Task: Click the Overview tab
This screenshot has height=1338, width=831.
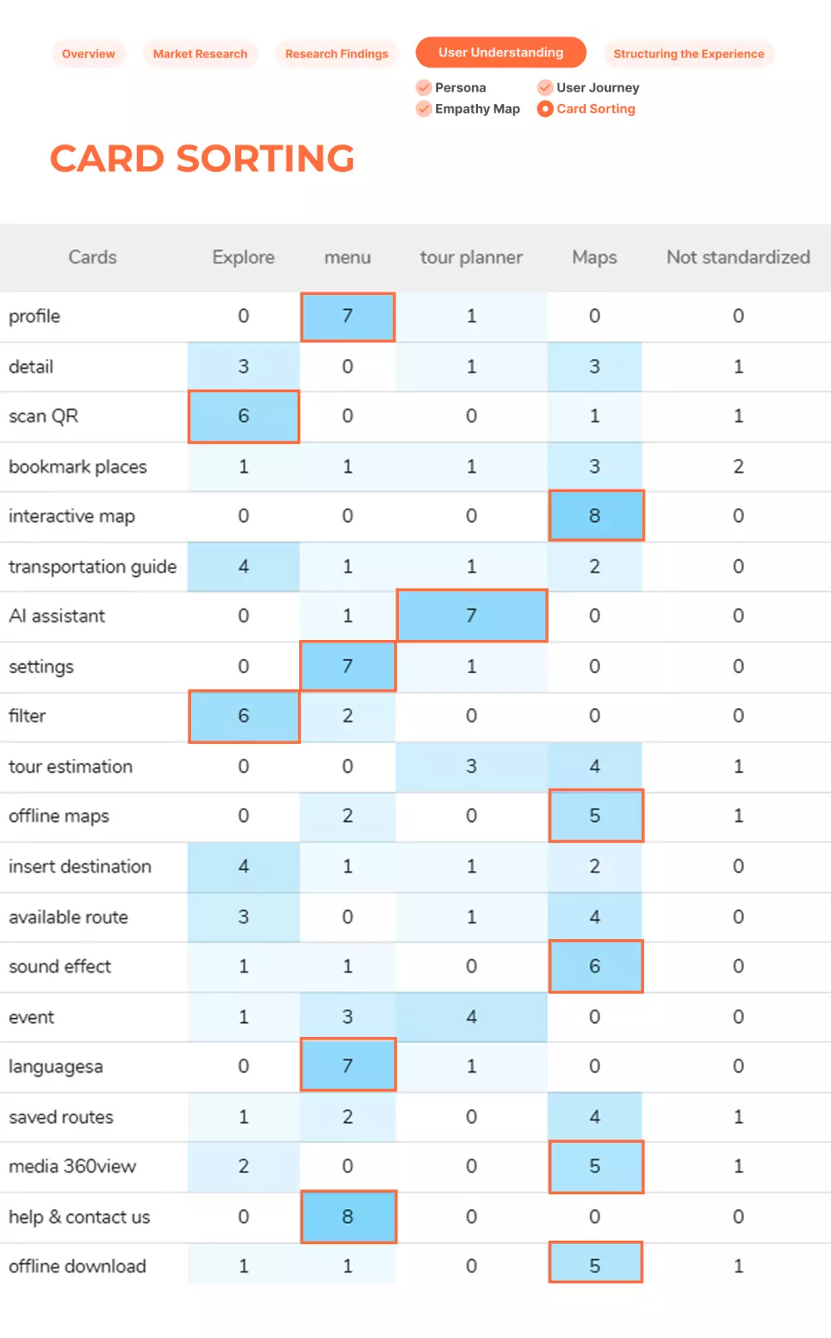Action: click(88, 54)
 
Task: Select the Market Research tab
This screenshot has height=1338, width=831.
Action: click(200, 54)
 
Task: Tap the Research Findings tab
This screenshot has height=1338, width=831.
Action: click(337, 54)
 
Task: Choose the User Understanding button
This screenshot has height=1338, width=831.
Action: click(500, 52)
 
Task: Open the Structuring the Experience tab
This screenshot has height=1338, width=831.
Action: click(688, 54)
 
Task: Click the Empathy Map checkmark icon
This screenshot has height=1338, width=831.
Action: click(424, 109)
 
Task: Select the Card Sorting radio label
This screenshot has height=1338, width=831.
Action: click(595, 109)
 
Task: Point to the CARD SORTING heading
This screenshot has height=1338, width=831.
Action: click(202, 159)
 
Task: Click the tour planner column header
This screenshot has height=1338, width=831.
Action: click(471, 258)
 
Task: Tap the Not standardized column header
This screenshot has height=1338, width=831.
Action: click(738, 258)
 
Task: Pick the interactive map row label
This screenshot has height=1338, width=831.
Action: click(71, 516)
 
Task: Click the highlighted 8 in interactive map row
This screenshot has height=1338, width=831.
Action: click(595, 516)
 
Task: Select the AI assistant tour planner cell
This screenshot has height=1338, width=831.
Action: click(471, 616)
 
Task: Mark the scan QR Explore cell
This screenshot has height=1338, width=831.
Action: click(243, 416)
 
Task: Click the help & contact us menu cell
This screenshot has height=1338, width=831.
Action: click(347, 1217)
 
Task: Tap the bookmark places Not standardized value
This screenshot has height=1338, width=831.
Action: click(738, 466)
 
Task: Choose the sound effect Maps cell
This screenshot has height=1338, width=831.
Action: click(595, 967)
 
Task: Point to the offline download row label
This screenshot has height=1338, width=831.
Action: click(77, 1267)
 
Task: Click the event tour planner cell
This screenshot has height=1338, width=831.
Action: click(471, 1017)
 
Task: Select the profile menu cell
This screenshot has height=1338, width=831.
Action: click(347, 317)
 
